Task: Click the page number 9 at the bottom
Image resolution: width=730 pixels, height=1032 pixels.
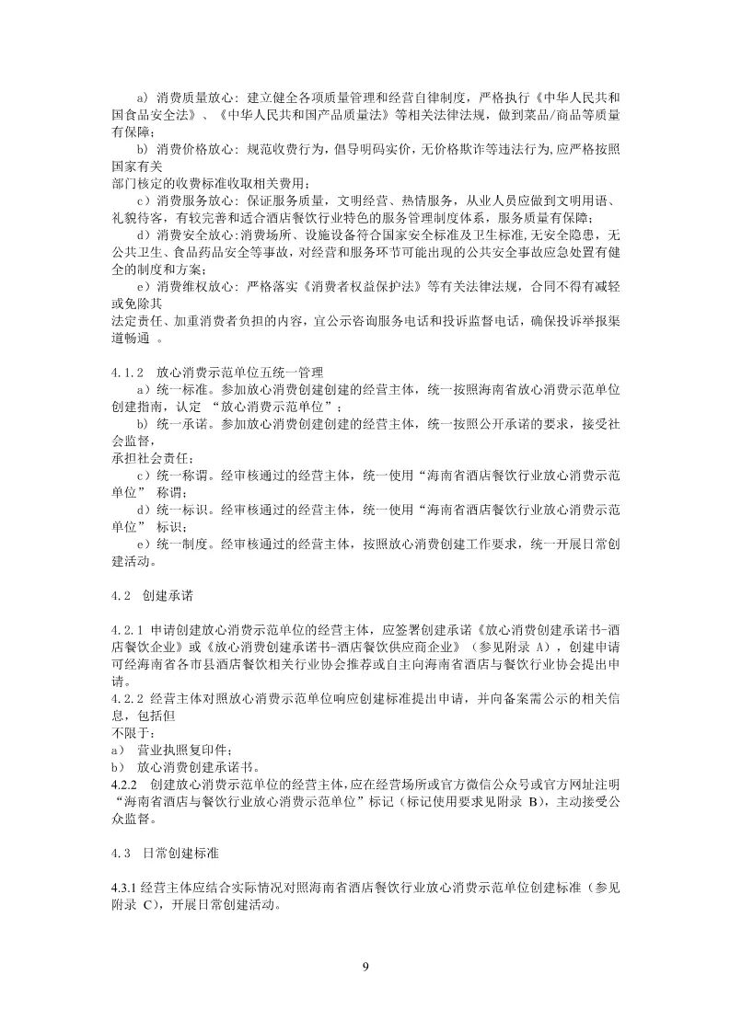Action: click(365, 966)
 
